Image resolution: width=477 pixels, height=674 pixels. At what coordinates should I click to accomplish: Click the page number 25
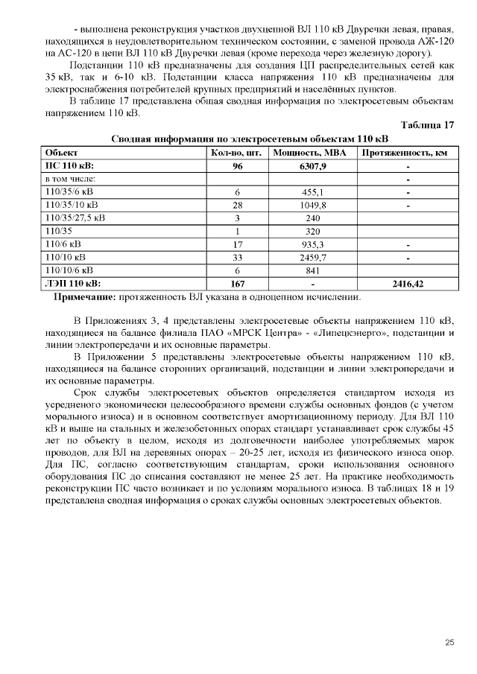(449, 643)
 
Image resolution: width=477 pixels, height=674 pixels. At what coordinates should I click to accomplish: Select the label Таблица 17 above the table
(427, 124)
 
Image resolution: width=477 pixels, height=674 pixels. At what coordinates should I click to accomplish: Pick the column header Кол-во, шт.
(236, 153)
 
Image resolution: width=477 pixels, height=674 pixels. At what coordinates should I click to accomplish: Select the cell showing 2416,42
(408, 284)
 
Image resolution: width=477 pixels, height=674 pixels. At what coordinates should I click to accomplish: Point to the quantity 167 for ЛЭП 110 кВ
(237, 284)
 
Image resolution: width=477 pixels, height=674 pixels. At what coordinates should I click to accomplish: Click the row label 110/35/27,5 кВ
(75, 218)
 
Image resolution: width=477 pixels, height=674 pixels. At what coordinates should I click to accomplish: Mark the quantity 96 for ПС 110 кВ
(237, 166)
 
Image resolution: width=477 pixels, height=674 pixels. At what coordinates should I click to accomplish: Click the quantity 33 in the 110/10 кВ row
(237, 257)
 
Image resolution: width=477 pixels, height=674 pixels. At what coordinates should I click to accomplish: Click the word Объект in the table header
(61, 153)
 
